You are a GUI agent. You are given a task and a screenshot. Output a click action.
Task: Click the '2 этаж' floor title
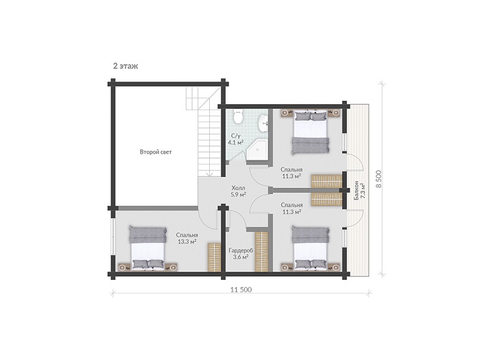[125, 66]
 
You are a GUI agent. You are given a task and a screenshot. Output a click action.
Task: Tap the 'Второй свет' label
[156, 152]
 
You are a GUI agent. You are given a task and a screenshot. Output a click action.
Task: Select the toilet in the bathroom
[238, 117]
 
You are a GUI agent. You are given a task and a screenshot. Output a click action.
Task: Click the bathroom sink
[263, 123]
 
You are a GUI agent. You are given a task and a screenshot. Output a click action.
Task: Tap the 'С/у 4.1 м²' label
[236, 139]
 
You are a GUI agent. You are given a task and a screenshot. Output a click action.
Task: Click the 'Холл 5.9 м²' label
[239, 191]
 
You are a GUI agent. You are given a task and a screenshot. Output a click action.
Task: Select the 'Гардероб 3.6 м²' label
[241, 254]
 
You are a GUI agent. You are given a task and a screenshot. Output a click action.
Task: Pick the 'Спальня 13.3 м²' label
[187, 238]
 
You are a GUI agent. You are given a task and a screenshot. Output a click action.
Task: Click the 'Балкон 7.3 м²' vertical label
[360, 191]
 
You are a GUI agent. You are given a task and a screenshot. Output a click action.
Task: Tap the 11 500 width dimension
[241, 289]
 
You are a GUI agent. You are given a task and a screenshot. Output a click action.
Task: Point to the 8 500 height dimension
[379, 179]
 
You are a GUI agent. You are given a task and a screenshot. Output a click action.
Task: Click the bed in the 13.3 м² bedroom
[148, 248]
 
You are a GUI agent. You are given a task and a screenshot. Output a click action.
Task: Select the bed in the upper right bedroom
[311, 132]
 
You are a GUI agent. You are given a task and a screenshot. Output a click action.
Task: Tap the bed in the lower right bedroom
[311, 248]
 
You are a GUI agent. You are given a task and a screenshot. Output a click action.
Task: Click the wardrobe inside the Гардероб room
[262, 251]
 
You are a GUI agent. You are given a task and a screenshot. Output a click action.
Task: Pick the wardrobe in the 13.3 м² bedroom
[214, 257]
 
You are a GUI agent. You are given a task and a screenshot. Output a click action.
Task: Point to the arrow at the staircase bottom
[210, 173]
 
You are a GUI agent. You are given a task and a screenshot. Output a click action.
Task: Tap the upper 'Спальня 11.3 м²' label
[291, 173]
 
